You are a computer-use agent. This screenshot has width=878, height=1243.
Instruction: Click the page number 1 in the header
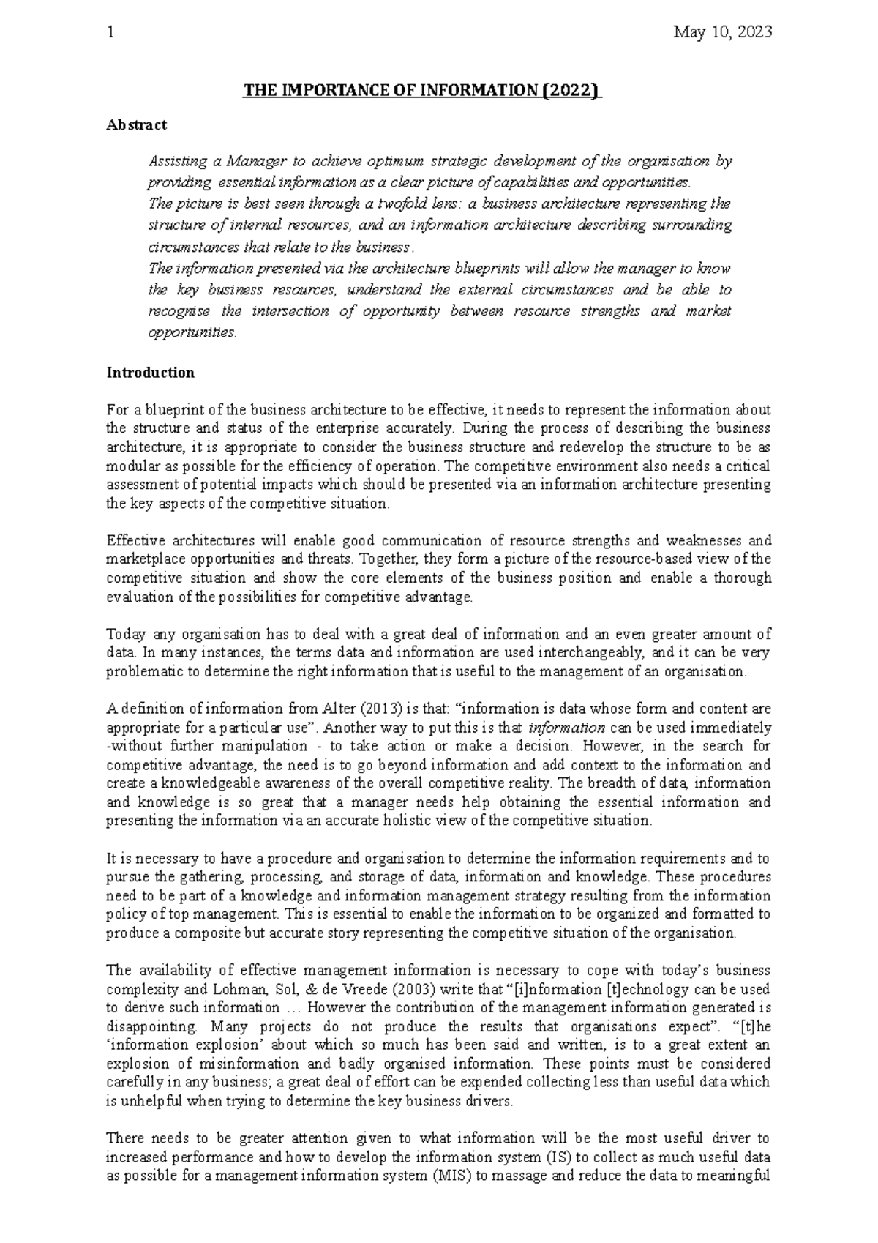(x=110, y=32)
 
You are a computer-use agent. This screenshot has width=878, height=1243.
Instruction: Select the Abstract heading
(x=136, y=124)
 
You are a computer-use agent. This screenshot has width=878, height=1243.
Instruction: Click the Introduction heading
(x=150, y=373)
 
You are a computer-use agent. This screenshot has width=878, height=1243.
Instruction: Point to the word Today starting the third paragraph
(x=125, y=634)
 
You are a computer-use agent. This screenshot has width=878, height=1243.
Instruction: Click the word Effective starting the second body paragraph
(x=133, y=541)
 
